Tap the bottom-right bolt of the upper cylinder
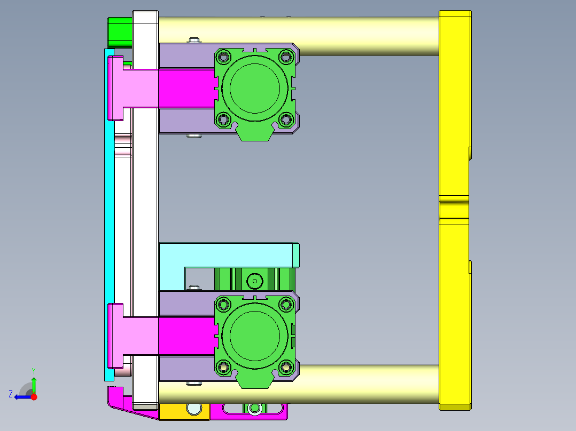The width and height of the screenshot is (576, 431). (x=287, y=119)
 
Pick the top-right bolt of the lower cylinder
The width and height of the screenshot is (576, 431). (x=287, y=304)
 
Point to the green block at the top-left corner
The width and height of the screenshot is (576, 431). (x=120, y=32)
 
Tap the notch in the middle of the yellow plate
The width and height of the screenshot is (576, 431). (x=454, y=210)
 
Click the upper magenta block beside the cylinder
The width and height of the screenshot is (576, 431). (x=186, y=88)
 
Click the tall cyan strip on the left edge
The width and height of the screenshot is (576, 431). (x=109, y=213)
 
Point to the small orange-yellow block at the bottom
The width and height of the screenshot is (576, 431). (x=176, y=411)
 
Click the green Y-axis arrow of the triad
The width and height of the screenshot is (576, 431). (x=34, y=383)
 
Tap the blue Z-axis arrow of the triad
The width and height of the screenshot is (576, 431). (x=20, y=397)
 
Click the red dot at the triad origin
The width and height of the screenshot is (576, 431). (x=34, y=397)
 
